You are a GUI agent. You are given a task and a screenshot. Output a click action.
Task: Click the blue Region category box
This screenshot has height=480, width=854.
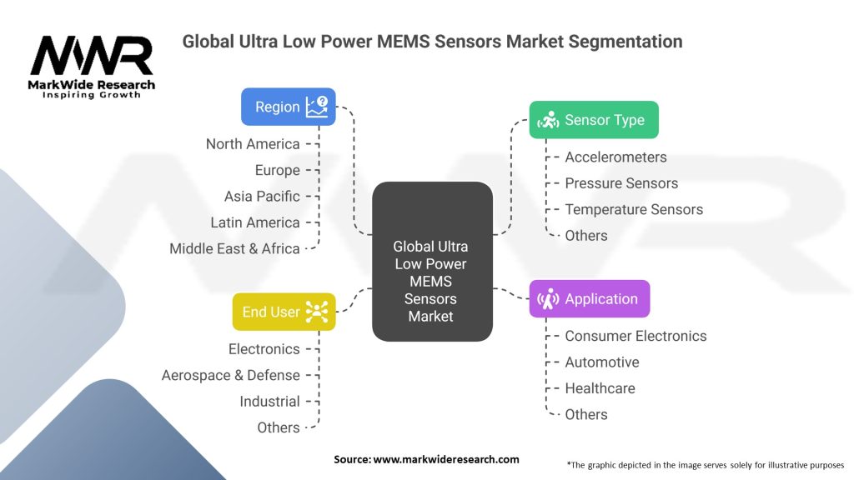click(x=289, y=107)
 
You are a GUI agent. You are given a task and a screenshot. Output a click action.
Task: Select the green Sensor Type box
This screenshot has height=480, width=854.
click(x=594, y=120)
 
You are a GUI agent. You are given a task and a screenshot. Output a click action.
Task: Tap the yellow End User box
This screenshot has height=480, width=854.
click(x=284, y=312)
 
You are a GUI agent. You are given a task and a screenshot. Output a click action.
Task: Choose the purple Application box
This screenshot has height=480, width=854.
click(x=589, y=299)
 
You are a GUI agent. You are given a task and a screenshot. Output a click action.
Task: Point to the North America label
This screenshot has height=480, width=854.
click(x=253, y=144)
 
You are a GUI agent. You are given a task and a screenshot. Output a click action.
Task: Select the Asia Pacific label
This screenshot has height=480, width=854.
click(x=262, y=197)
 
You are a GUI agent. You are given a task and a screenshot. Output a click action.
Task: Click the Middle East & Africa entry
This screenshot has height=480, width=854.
click(x=234, y=248)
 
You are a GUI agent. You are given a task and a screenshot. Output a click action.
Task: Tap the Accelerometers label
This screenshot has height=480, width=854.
click(x=615, y=157)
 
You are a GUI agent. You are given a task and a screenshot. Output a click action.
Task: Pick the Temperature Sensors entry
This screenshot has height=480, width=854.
click(x=634, y=209)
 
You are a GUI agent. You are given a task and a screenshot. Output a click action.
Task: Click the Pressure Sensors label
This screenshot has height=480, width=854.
click(x=621, y=183)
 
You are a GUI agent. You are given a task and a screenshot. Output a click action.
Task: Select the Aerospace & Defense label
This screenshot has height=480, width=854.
click(x=230, y=375)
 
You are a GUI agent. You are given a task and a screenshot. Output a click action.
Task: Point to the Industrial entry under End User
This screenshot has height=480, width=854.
click(x=269, y=402)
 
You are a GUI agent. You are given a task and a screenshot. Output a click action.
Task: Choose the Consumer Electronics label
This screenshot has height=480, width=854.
click(x=635, y=336)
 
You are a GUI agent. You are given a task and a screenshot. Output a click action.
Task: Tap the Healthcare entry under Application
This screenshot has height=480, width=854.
click(x=600, y=388)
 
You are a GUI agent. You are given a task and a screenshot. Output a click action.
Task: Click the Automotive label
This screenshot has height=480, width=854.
click(x=602, y=362)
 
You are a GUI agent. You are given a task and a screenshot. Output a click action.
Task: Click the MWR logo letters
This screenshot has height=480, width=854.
click(x=92, y=56)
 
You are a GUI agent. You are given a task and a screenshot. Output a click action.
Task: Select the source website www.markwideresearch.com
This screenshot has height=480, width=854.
click(x=446, y=459)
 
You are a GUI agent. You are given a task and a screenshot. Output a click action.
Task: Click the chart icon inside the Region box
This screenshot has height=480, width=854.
click(x=317, y=107)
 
